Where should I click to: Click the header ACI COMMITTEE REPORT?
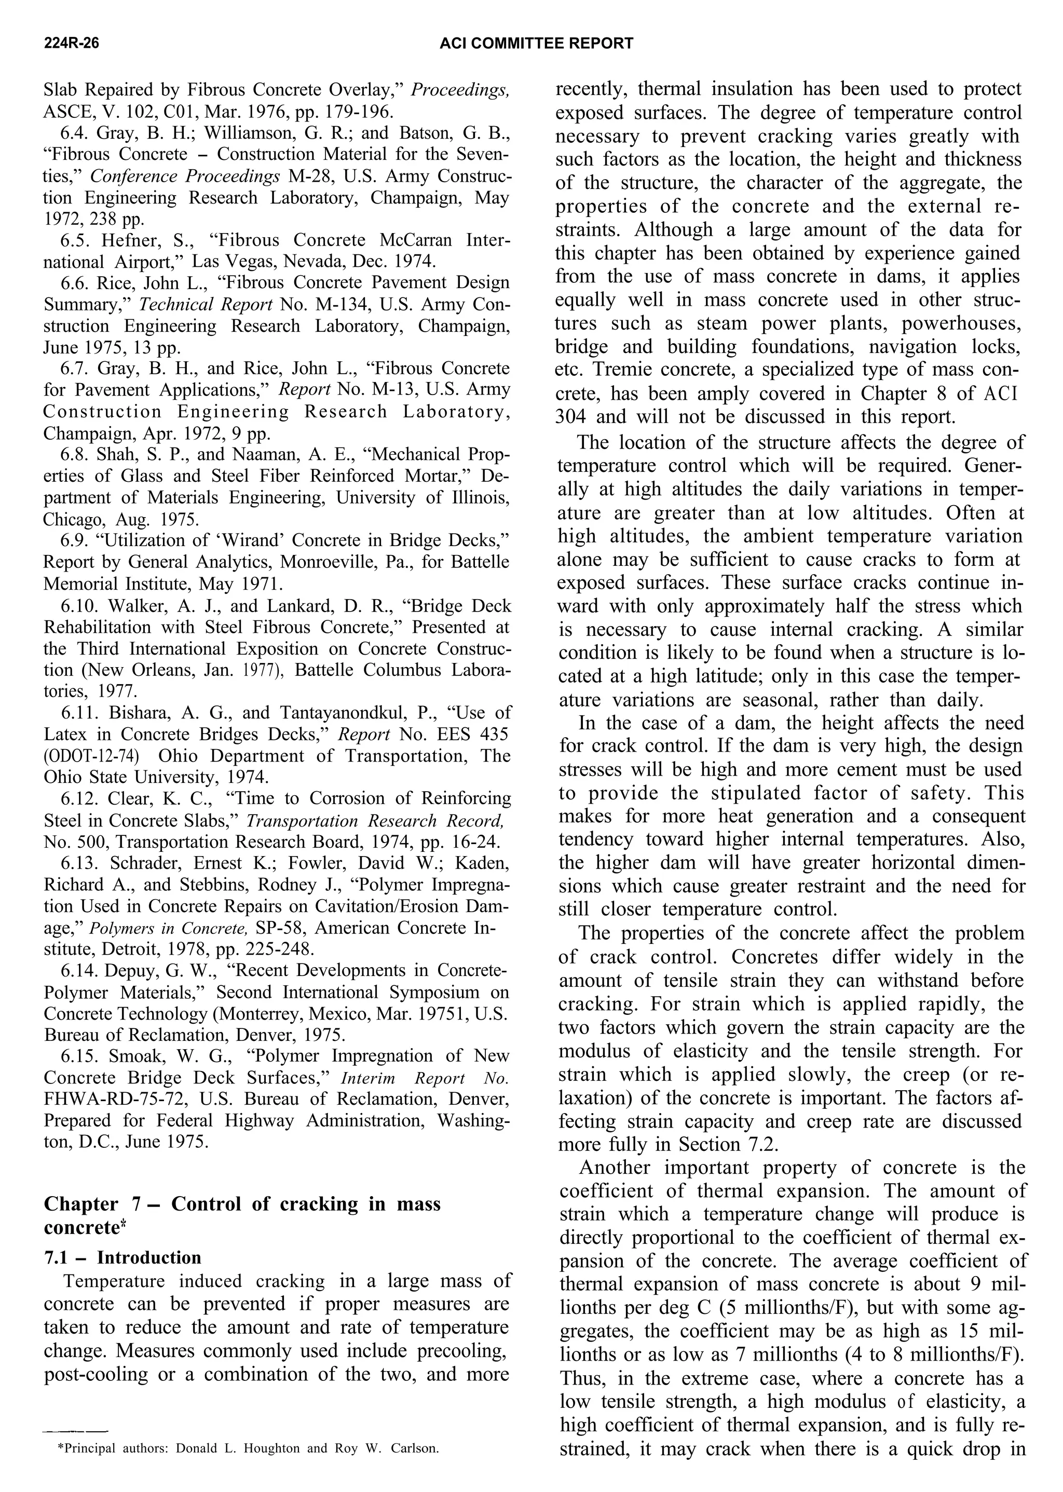pyautogui.click(x=536, y=43)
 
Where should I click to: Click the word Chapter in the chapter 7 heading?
pyautogui.click(x=81, y=1204)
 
